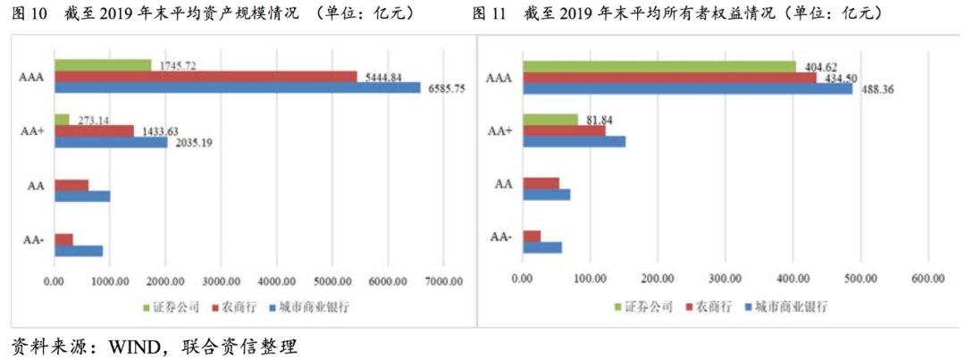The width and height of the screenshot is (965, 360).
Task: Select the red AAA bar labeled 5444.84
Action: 206,77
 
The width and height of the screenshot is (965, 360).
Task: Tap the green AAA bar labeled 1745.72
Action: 103,65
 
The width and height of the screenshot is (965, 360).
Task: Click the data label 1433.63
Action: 158,130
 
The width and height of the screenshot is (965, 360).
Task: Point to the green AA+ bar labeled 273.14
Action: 62,120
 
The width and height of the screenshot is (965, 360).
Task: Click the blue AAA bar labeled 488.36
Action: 687,88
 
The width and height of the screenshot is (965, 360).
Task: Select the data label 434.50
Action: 839,78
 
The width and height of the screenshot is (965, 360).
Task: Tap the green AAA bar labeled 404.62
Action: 659,66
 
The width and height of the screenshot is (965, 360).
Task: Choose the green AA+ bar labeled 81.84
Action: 550,120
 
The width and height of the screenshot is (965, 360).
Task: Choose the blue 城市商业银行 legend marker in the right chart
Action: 747,306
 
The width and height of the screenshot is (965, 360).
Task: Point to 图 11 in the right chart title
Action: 489,13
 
